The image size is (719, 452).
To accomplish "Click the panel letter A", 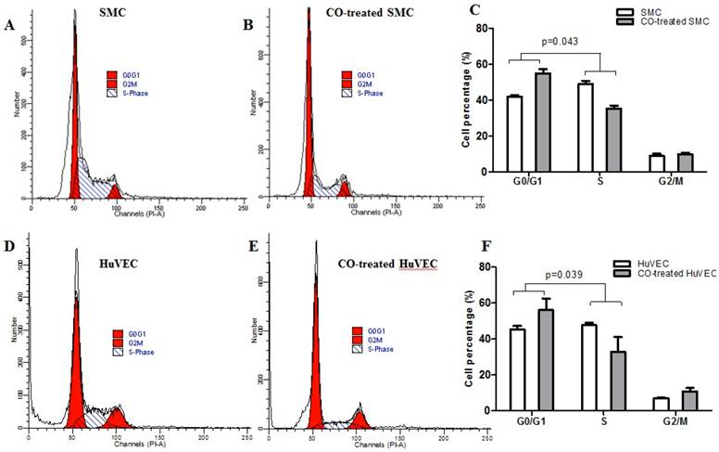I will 9,25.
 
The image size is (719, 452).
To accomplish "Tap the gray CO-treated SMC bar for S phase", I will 613,139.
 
